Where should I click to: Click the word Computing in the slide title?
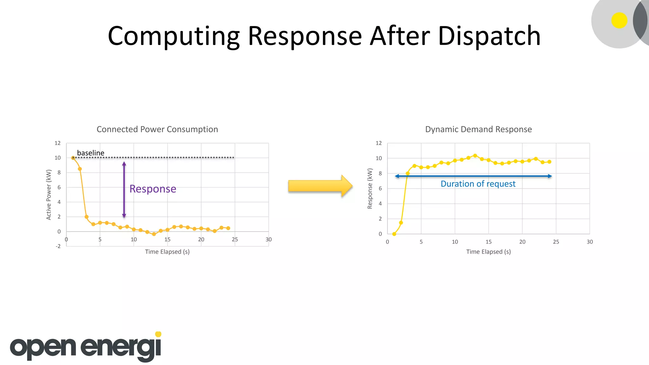point(174,36)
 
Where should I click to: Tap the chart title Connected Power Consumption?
point(157,129)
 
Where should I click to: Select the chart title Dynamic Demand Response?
point(478,129)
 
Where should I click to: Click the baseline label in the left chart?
point(91,153)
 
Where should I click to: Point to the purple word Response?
point(153,189)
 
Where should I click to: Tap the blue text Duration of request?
point(478,184)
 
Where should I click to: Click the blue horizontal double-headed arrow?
point(473,176)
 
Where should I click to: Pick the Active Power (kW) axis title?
point(48,195)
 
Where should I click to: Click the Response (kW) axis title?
point(369,189)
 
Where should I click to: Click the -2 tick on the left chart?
point(58,246)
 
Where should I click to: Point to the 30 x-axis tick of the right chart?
point(589,242)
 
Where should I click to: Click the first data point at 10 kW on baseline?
point(73,157)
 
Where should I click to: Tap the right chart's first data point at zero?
point(394,234)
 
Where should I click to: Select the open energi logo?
point(86,347)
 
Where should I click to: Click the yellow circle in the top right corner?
point(619,20)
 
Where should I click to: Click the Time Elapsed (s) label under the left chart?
point(167,252)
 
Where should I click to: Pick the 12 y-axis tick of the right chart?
point(379,143)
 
